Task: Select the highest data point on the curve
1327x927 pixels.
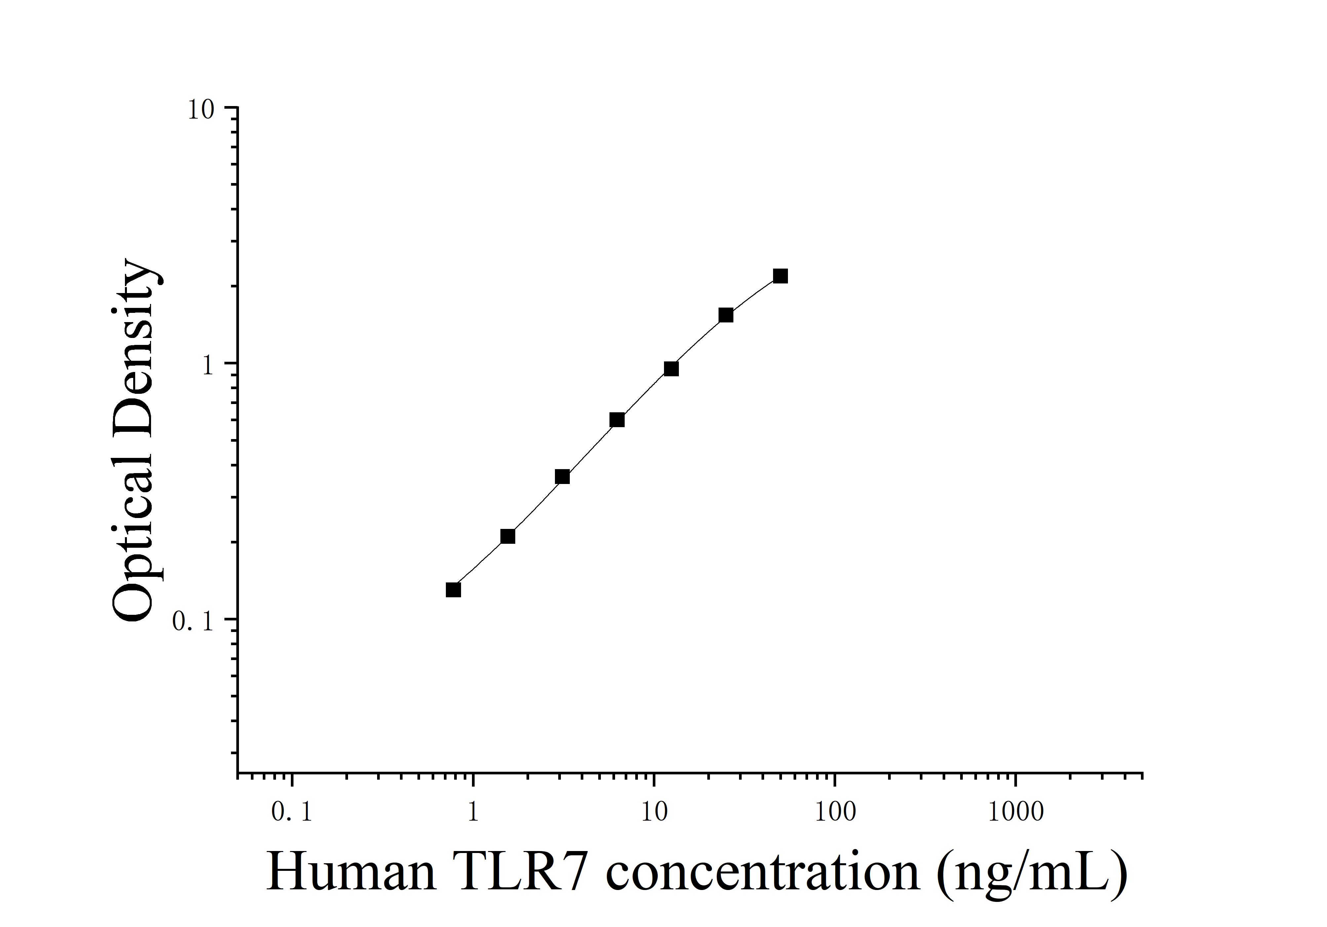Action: pyautogui.click(x=780, y=276)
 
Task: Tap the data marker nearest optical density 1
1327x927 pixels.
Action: pyautogui.click(x=671, y=368)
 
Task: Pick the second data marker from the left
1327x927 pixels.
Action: pyautogui.click(x=507, y=537)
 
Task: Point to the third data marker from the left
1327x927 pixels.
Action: pyautogui.click(x=562, y=476)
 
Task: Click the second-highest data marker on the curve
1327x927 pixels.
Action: pyautogui.click(x=726, y=315)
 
